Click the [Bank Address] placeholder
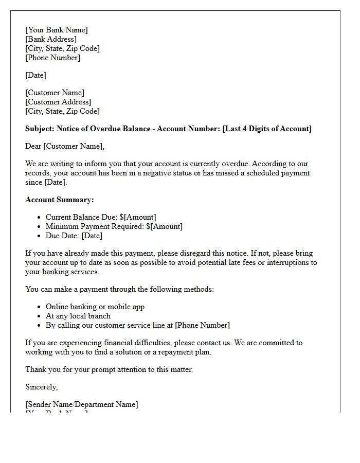[51, 39]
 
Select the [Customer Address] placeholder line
[58, 102]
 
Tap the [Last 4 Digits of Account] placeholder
[267, 129]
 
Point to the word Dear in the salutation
[33, 146]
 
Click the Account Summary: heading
[60, 200]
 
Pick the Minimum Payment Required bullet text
[95, 226]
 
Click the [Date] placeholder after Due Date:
[92, 236]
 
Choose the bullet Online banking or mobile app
[95, 307]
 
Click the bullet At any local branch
[78, 316]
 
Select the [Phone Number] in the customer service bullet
[202, 325]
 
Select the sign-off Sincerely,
[42, 387]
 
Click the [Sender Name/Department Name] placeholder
[82, 404]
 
